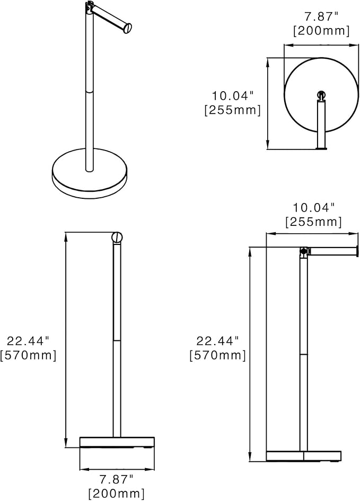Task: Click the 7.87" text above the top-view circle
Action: point(321,16)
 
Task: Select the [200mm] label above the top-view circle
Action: point(321,31)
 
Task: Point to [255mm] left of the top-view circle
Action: point(233,110)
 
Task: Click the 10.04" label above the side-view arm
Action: point(313,208)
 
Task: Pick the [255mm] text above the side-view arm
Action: point(313,222)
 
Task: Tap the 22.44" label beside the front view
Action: point(28,341)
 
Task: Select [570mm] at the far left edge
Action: point(28,355)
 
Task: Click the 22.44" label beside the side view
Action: point(217,341)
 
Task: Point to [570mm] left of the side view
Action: point(217,355)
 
